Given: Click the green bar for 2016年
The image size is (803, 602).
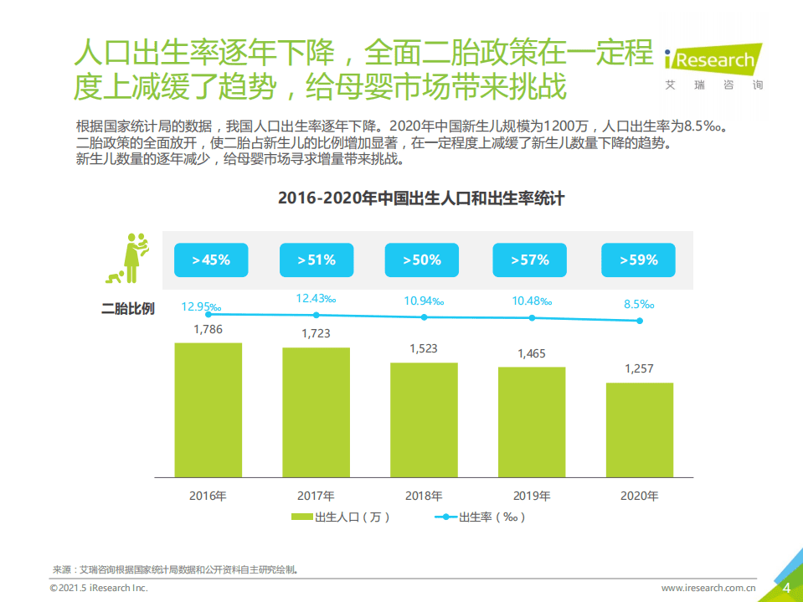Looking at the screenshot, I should pyautogui.click(x=208, y=410).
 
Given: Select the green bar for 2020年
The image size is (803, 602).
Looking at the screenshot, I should pyautogui.click(x=639, y=430).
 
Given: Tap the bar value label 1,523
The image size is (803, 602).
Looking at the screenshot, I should pyautogui.click(x=424, y=348).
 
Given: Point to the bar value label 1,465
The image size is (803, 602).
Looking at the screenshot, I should pyautogui.click(x=531, y=353).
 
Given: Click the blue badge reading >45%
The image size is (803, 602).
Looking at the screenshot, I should pyautogui.click(x=209, y=260).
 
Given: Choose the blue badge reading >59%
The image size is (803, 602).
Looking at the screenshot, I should pyautogui.click(x=639, y=260).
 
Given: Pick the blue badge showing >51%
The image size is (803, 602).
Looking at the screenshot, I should pyautogui.click(x=316, y=260).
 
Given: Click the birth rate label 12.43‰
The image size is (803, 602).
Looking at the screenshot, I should pyautogui.click(x=316, y=298).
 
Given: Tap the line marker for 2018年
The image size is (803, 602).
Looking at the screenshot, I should pyautogui.click(x=424, y=317).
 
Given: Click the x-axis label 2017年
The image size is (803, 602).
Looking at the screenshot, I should pyautogui.click(x=316, y=496).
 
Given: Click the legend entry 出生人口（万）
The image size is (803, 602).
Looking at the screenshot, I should pyautogui.click(x=342, y=517).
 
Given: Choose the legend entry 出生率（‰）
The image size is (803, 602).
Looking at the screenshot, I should pyautogui.click(x=481, y=517).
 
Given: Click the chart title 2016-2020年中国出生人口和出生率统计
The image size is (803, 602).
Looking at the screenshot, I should pyautogui.click(x=420, y=198).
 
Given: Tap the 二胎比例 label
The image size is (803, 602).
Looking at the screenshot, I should pyautogui.click(x=128, y=308).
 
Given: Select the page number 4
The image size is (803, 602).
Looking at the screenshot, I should pyautogui.click(x=786, y=588).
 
